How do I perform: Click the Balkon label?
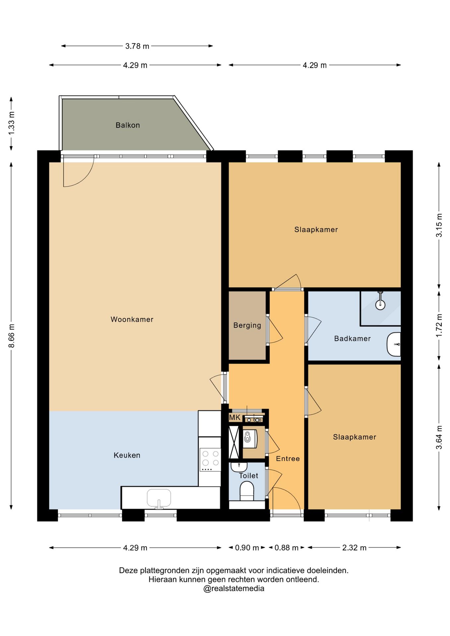click(x=128, y=125)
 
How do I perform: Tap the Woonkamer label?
click(x=132, y=319)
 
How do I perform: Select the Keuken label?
click(x=127, y=455)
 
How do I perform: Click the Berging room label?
click(x=247, y=325)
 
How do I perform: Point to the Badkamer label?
click(x=352, y=339)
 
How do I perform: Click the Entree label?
click(x=288, y=458)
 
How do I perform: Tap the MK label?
click(x=235, y=417)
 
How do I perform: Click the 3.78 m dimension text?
click(x=137, y=46)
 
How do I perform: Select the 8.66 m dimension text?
click(x=12, y=336)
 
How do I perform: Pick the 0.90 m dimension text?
click(x=247, y=548)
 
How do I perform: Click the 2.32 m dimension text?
click(x=354, y=548)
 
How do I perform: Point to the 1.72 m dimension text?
click(x=439, y=325)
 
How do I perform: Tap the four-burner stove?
click(x=210, y=459)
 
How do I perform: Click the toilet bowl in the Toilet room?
click(x=247, y=491)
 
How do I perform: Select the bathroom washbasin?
click(x=394, y=344)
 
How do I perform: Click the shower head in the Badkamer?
click(x=380, y=304)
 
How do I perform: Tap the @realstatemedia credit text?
click(x=234, y=589)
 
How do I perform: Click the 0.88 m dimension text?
click(x=286, y=548)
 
